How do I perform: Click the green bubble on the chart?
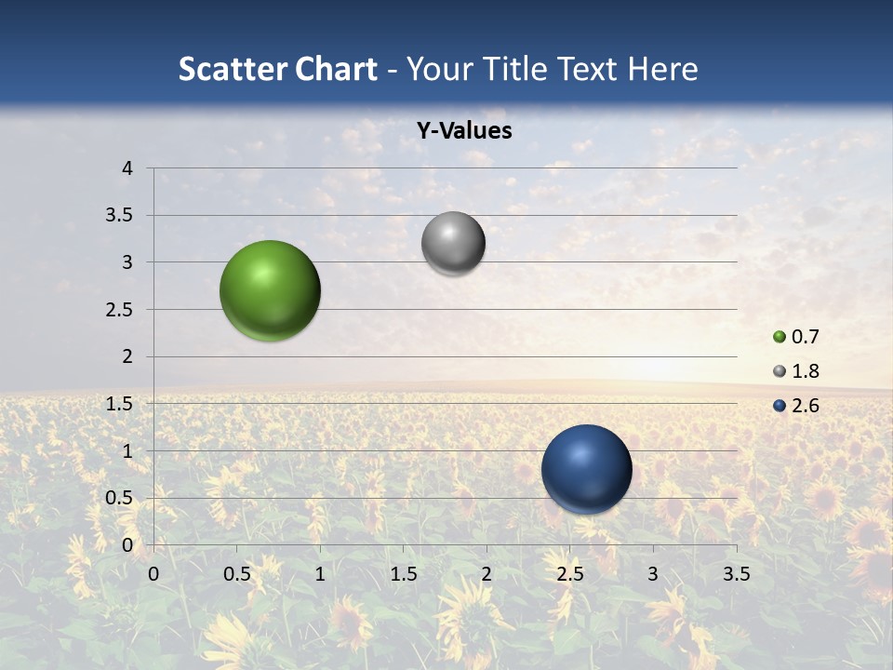pyautogui.click(x=270, y=290)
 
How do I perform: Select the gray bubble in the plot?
pyautogui.click(x=453, y=244)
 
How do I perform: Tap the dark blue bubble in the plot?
pyautogui.click(x=586, y=469)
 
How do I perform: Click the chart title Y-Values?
pyautogui.click(x=463, y=131)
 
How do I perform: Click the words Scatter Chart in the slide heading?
pyautogui.click(x=277, y=69)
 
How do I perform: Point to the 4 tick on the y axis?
pyautogui.click(x=127, y=168)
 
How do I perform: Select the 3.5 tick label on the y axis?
pyautogui.click(x=121, y=216)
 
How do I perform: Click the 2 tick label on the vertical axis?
pyautogui.click(x=127, y=356)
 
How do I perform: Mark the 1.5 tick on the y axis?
pyautogui.click(x=121, y=404)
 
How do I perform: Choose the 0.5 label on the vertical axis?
pyautogui.click(x=121, y=498)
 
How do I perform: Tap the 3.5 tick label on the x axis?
pyautogui.click(x=736, y=573)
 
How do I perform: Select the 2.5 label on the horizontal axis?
pyautogui.click(x=569, y=573)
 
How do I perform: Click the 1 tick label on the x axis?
pyautogui.click(x=320, y=573)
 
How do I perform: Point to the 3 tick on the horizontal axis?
pyautogui.click(x=653, y=573)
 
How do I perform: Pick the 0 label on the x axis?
pyautogui.click(x=153, y=573)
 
